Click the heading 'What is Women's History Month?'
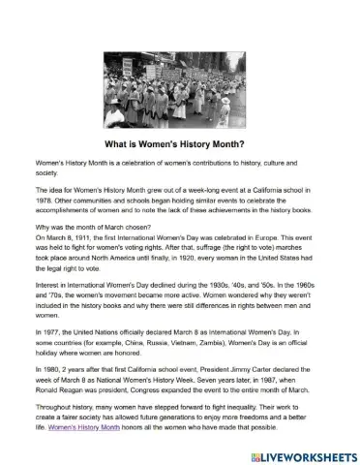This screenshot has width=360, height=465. coord(180,138)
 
